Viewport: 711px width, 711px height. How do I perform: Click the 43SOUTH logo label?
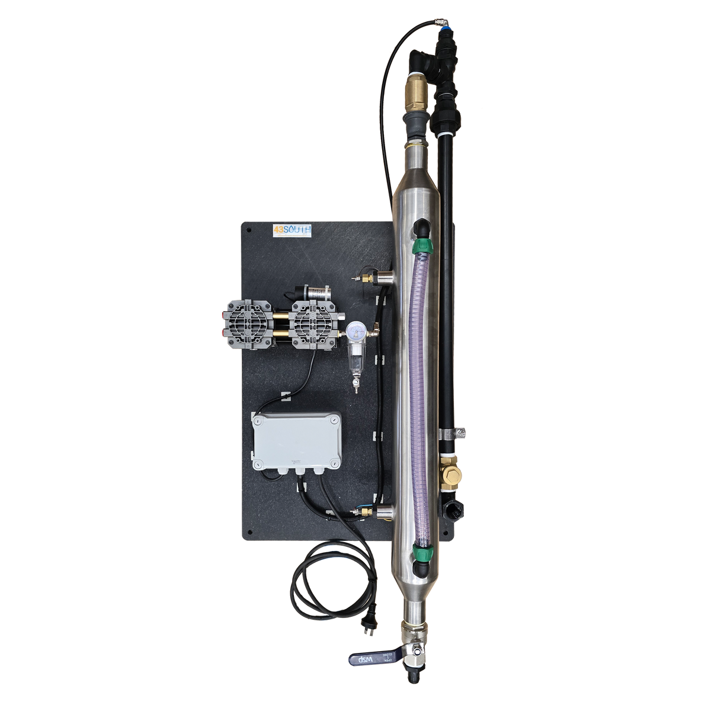[x=292, y=230]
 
